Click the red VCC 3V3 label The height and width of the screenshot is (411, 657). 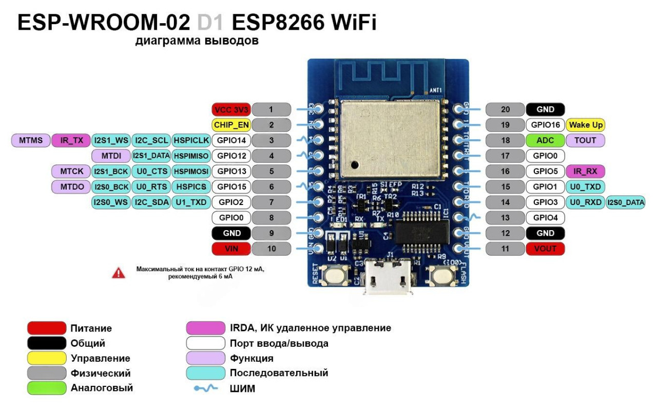tap(230, 109)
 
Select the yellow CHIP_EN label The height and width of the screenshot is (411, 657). tap(230, 124)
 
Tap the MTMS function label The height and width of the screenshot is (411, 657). tap(31, 140)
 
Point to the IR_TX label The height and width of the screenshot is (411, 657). tap(71, 140)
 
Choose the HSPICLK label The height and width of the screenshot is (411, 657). tap(190, 140)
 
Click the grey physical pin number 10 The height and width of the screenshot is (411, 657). tap(271, 249)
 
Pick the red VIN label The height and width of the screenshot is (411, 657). tap(230, 249)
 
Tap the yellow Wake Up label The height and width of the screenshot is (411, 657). tap(586, 125)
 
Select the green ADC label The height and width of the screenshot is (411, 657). tap(545, 140)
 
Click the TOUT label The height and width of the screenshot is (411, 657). tap(586, 140)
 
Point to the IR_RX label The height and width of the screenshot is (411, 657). tap(586, 171)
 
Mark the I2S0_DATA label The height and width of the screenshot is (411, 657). tap(626, 202)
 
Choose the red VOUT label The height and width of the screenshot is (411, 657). tap(545, 249)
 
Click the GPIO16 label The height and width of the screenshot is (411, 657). tap(545, 125)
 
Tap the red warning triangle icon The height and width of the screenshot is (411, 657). tap(119, 273)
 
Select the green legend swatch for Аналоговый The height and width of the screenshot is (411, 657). tap(47, 387)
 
